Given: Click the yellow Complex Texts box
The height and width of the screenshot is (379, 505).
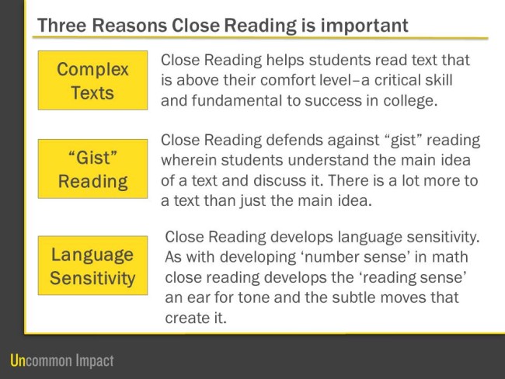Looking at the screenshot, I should pos(92,81).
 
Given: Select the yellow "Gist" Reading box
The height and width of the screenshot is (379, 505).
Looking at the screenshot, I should pos(92,169).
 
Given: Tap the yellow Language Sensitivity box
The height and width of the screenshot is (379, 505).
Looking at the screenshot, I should pos(92,266).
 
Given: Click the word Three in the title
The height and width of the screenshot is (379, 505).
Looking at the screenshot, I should pos(61,26).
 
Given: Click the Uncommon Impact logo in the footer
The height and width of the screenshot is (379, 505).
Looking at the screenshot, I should pos(61,360).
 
